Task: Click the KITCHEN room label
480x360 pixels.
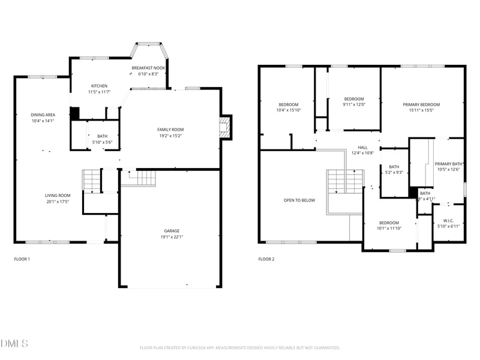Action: [99, 86]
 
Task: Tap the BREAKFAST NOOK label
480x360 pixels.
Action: [148, 68]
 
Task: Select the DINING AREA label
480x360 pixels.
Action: [43, 115]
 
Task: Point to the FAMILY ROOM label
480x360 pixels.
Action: [170, 130]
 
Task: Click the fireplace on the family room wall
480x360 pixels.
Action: [225, 127]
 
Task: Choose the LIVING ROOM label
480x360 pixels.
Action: [58, 195]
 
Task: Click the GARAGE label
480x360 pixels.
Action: [172, 231]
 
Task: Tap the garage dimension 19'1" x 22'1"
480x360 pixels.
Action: [172, 237]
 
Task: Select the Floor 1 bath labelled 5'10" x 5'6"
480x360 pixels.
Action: [102, 139]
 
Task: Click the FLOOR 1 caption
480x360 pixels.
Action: [22, 259]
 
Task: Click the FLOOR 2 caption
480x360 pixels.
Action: [266, 259]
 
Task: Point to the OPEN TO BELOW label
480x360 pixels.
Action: [299, 200]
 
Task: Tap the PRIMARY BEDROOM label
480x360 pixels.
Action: [421, 104]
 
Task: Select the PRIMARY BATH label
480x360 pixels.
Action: [448, 164]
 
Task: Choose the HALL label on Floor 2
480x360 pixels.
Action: [362, 147]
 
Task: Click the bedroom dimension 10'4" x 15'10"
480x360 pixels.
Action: [288, 110]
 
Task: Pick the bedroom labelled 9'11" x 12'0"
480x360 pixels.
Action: [353, 101]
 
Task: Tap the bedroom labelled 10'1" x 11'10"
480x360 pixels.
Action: [388, 225]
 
